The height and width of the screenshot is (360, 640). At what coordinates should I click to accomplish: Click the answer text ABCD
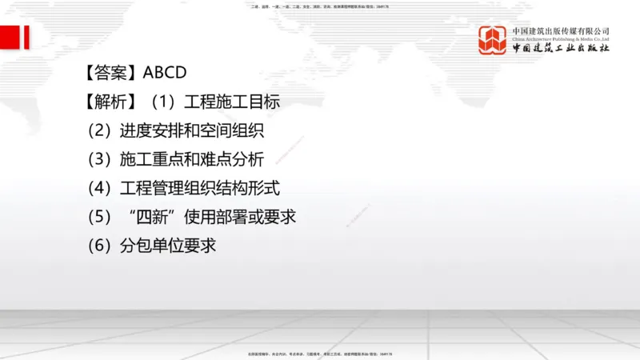coord(165,73)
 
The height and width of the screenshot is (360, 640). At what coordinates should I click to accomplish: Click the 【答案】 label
coord(110,73)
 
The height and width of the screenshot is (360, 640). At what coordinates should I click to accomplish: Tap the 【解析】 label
coord(110,102)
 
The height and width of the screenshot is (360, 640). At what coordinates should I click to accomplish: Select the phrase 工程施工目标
coord(232,102)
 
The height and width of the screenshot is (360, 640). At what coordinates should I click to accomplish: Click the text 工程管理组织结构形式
coord(200,189)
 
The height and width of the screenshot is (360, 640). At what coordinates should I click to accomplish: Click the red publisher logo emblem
coord(494,40)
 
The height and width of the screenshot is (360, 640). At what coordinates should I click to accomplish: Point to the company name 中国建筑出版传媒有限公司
coord(561,30)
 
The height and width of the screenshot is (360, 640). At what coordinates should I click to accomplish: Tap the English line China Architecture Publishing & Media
coord(561,38)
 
